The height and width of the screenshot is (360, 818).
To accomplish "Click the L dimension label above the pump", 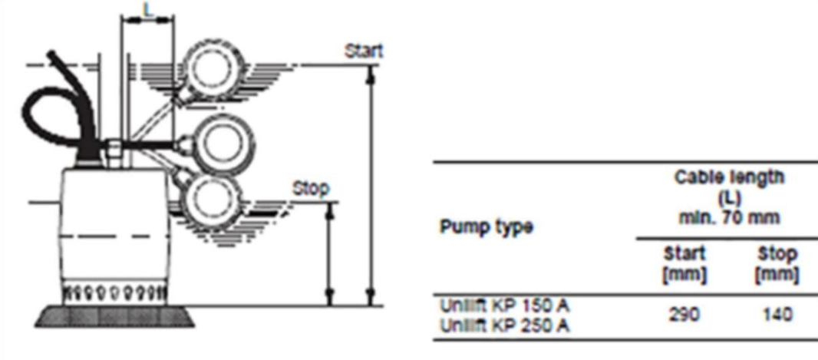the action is pyautogui.click(x=149, y=10).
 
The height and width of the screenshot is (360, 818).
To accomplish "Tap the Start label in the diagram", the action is pyautogui.click(x=364, y=51).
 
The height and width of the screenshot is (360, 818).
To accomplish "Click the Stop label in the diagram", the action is pyautogui.click(x=311, y=188).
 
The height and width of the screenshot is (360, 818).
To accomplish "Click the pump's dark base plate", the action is pyautogui.click(x=115, y=315).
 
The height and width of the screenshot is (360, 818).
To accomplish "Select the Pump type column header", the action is pyautogui.click(x=487, y=227).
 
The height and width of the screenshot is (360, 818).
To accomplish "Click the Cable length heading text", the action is pyautogui.click(x=729, y=177).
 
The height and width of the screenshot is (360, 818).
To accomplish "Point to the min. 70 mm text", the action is pyautogui.click(x=729, y=217).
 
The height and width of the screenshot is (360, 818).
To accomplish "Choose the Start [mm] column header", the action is pyautogui.click(x=684, y=265).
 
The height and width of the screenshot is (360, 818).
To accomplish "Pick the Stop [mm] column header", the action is pyautogui.click(x=777, y=265).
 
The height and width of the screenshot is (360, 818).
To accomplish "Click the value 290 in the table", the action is pyautogui.click(x=684, y=315).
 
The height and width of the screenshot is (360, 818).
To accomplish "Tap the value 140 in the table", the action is pyautogui.click(x=777, y=315).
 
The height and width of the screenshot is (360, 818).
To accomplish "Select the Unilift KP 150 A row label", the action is pyautogui.click(x=504, y=306).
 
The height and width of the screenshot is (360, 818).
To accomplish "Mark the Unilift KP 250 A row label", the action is pyautogui.click(x=505, y=325).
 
